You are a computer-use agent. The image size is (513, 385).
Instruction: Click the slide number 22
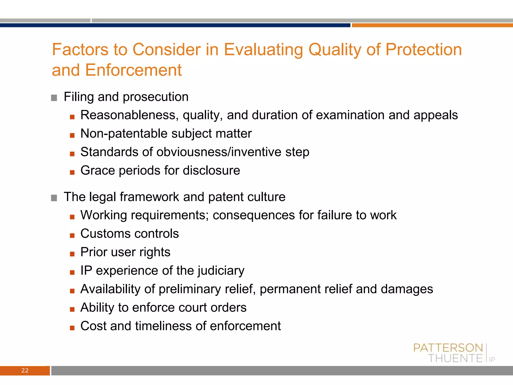(x=25, y=370)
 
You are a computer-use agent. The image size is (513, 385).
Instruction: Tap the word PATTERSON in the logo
(x=448, y=348)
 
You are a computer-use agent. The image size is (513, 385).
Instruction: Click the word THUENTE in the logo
(x=455, y=358)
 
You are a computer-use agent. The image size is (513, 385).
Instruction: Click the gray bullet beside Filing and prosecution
(x=54, y=98)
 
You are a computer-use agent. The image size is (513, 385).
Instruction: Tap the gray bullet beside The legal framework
(x=54, y=198)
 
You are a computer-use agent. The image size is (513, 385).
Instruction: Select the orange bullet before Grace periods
(x=72, y=172)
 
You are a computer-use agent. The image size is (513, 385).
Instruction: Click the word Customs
(x=105, y=234)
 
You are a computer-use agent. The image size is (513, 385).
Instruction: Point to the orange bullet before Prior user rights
(x=72, y=254)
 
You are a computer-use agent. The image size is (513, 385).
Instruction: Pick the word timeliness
(x=163, y=326)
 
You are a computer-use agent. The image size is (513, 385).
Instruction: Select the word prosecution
(x=156, y=97)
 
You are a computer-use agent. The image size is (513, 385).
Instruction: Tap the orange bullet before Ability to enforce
(x=72, y=309)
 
